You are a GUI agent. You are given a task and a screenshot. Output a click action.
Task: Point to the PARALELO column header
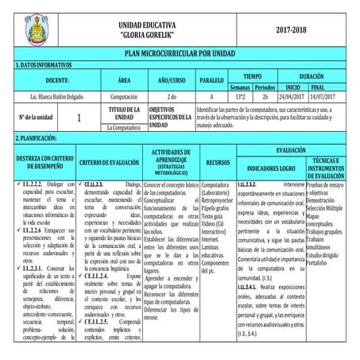tap(211, 81)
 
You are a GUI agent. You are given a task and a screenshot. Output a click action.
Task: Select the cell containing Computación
tap(124, 95)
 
